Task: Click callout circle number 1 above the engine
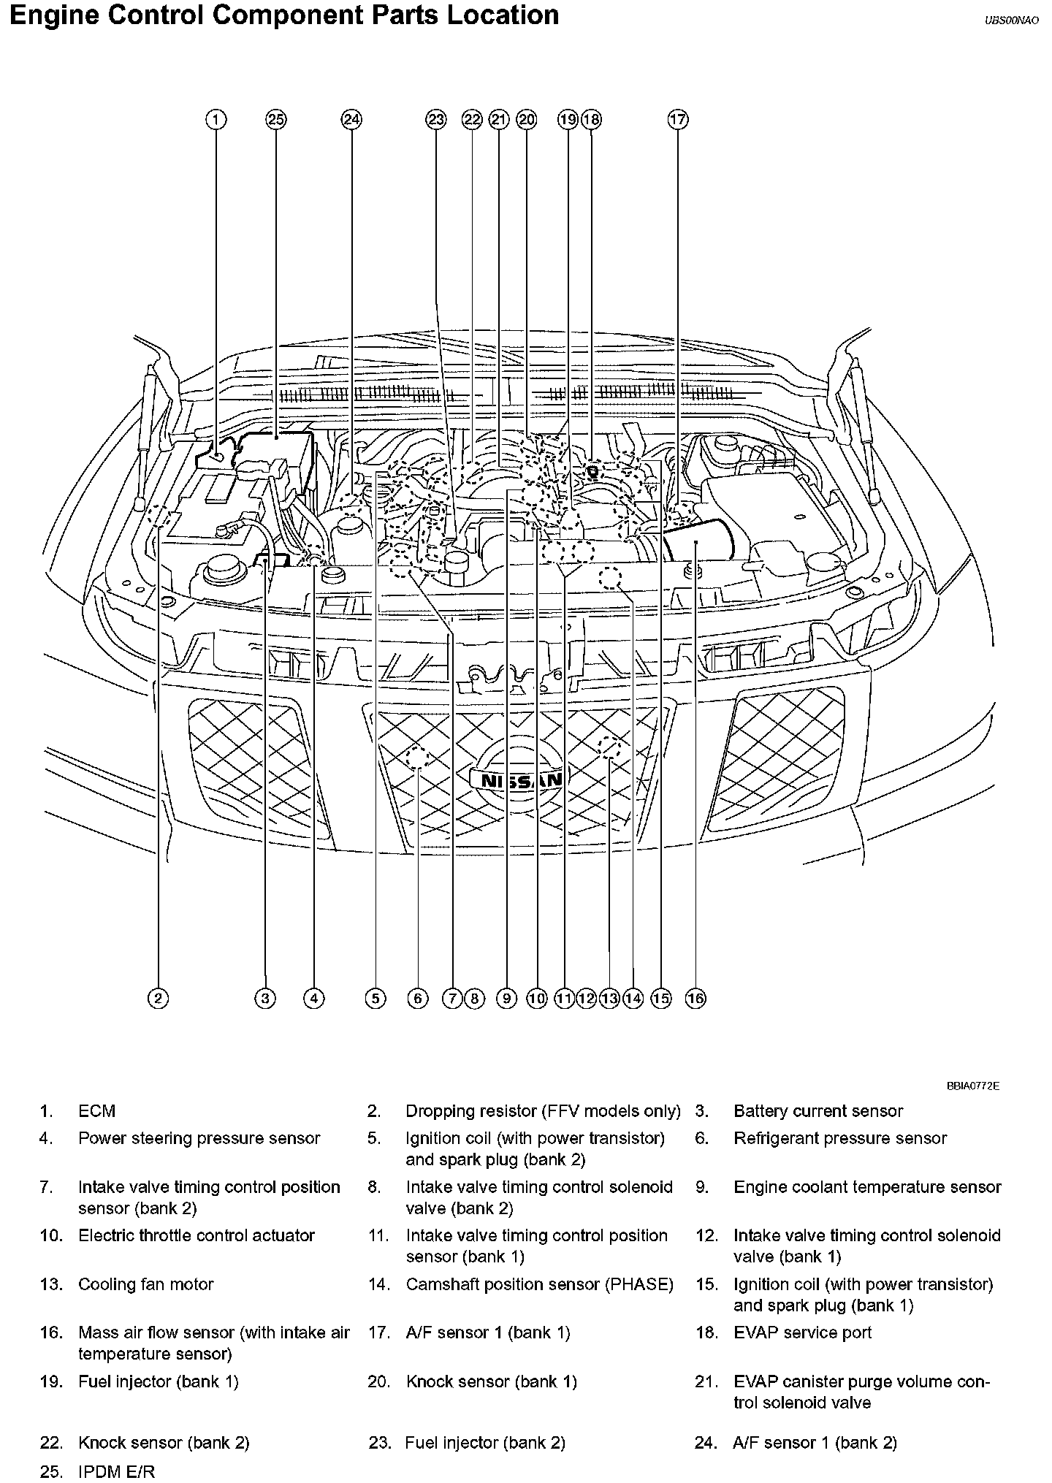click(x=216, y=120)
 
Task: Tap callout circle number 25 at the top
click(x=276, y=120)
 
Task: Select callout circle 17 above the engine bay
click(x=678, y=120)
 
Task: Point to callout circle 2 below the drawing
click(x=158, y=998)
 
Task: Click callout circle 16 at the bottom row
click(x=695, y=998)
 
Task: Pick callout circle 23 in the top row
click(x=436, y=120)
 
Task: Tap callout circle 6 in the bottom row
click(x=417, y=998)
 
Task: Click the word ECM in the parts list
click(x=97, y=1111)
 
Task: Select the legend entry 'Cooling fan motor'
click(x=146, y=1284)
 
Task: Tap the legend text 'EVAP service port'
click(x=802, y=1333)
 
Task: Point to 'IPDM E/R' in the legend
click(x=117, y=1471)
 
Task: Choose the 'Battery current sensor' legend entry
click(x=818, y=1111)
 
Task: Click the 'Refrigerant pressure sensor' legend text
click(x=840, y=1138)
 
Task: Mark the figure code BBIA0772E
click(x=973, y=1086)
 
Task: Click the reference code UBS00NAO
click(x=1011, y=20)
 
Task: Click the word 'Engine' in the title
click(x=55, y=16)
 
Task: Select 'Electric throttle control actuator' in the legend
click(x=197, y=1235)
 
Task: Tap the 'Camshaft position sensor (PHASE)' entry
click(x=539, y=1284)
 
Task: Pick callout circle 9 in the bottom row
click(x=506, y=998)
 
